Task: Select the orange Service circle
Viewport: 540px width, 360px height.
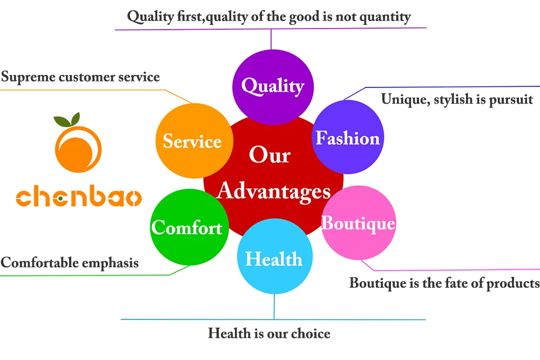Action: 192,141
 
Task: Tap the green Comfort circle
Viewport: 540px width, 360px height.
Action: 187,227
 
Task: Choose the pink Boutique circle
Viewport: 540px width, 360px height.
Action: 358,222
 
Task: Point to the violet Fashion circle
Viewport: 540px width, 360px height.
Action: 348,138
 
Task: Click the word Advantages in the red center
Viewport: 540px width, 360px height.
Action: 274,191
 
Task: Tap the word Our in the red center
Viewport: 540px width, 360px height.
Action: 270,155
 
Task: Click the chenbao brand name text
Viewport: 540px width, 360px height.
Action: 78,198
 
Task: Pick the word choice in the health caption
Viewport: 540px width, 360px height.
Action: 310,334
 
